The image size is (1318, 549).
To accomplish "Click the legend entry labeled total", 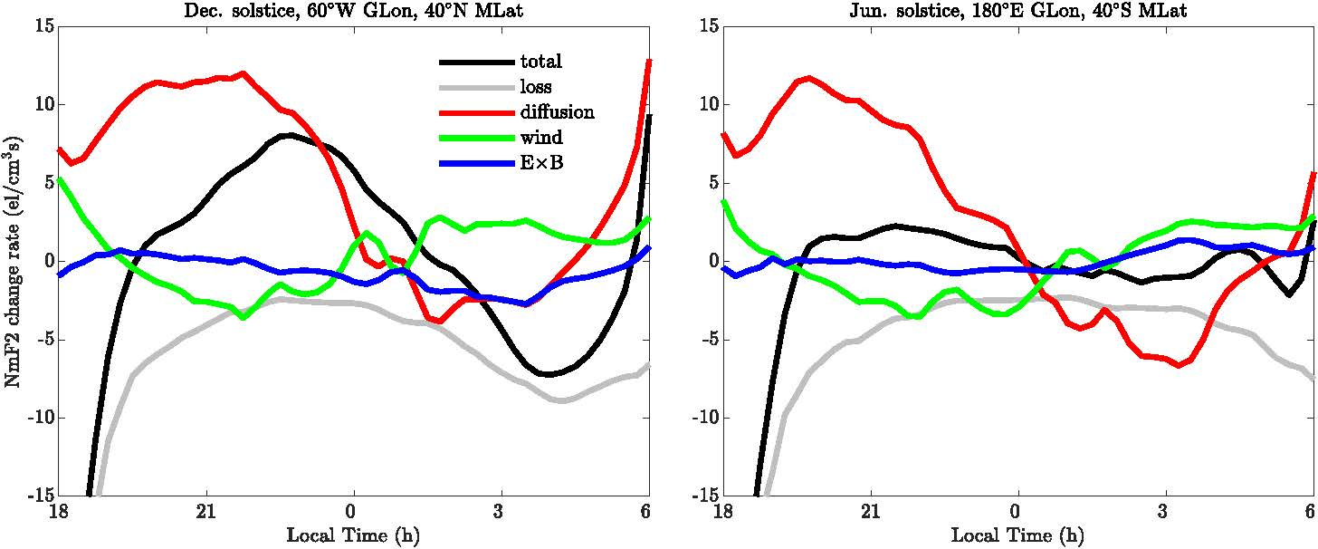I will pyautogui.click(x=541, y=62).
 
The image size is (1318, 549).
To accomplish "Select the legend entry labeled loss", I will pyautogui.click(x=536, y=87).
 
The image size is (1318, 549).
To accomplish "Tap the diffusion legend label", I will pyautogui.click(x=557, y=112).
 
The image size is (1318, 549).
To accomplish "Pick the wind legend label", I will pyautogui.click(x=540, y=138).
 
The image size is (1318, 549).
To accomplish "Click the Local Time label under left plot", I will pyautogui.click(x=353, y=535).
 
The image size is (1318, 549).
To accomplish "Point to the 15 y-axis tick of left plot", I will pyautogui.click(x=37, y=26).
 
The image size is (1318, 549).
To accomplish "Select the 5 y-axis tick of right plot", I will pyautogui.click(x=708, y=183).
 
